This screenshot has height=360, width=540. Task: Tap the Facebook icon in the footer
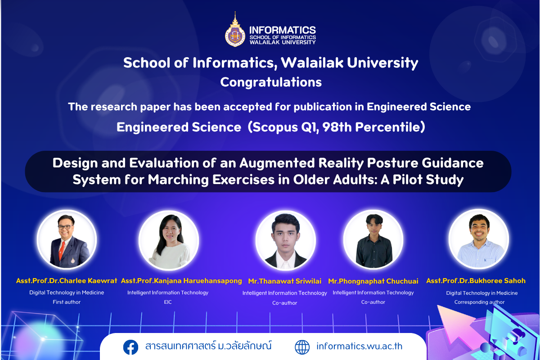[x=130, y=347]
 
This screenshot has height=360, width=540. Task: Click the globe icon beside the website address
[x=302, y=347]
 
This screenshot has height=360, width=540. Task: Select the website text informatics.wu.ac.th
[x=360, y=346]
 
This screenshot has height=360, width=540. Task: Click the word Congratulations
[x=271, y=82]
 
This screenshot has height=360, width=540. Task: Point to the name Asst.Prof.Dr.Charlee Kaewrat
[x=67, y=281]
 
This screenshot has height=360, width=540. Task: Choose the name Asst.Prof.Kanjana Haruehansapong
[x=181, y=281]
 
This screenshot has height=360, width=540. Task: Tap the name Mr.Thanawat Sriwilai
[x=285, y=281]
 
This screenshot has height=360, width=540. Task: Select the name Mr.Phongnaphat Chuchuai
[x=373, y=281]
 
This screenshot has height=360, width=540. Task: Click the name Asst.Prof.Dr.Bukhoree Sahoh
[x=476, y=281]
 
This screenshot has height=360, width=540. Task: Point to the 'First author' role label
[x=67, y=302]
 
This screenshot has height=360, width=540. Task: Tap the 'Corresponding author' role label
[x=479, y=302]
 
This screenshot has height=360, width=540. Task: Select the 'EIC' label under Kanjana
[x=168, y=302]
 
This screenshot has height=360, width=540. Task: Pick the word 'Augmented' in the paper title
[x=277, y=163]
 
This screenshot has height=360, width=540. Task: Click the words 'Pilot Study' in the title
[x=428, y=180]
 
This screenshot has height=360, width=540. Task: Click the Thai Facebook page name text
[x=208, y=346]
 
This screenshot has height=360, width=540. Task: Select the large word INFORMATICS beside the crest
[x=283, y=30]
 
